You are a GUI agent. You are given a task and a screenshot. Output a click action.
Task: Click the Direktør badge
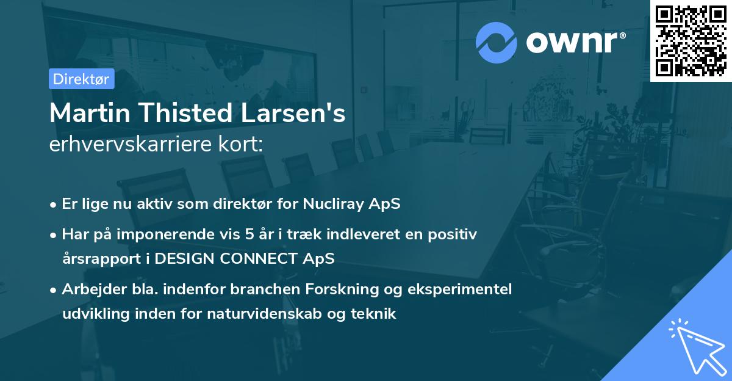[x=81, y=79]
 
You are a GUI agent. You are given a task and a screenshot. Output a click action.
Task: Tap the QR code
[x=691, y=40]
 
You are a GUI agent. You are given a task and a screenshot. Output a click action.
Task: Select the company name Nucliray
[x=330, y=204]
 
